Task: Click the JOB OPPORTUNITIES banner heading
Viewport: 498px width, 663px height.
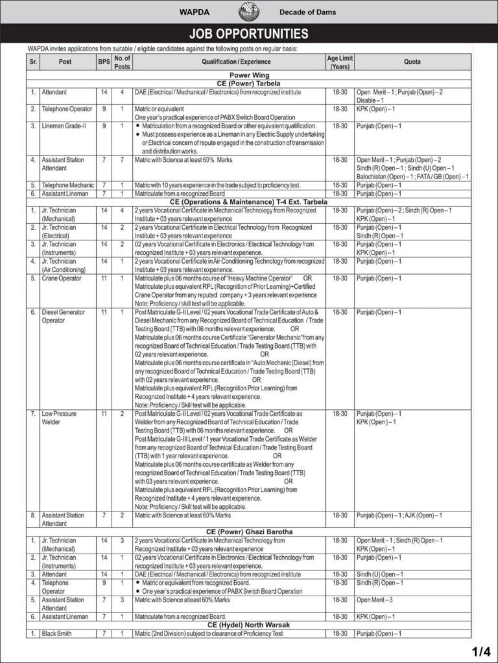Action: (x=248, y=34)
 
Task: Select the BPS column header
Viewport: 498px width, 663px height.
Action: (x=104, y=62)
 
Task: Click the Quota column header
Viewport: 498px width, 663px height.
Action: (x=412, y=62)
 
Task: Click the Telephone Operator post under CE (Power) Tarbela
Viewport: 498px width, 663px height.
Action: (x=67, y=109)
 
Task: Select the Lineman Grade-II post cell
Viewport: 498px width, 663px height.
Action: (x=64, y=126)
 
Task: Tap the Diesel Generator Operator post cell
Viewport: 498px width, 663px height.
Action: (x=63, y=315)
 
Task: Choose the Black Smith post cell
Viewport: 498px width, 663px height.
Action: (x=58, y=633)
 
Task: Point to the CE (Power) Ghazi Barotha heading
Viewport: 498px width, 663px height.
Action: (x=248, y=532)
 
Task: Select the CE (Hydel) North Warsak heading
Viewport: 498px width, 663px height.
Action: (x=248, y=625)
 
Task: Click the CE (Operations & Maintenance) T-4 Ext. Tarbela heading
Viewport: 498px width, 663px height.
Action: (x=248, y=202)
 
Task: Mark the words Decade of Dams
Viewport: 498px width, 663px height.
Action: (x=307, y=12)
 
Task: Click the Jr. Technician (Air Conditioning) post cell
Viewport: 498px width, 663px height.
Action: (x=64, y=265)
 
